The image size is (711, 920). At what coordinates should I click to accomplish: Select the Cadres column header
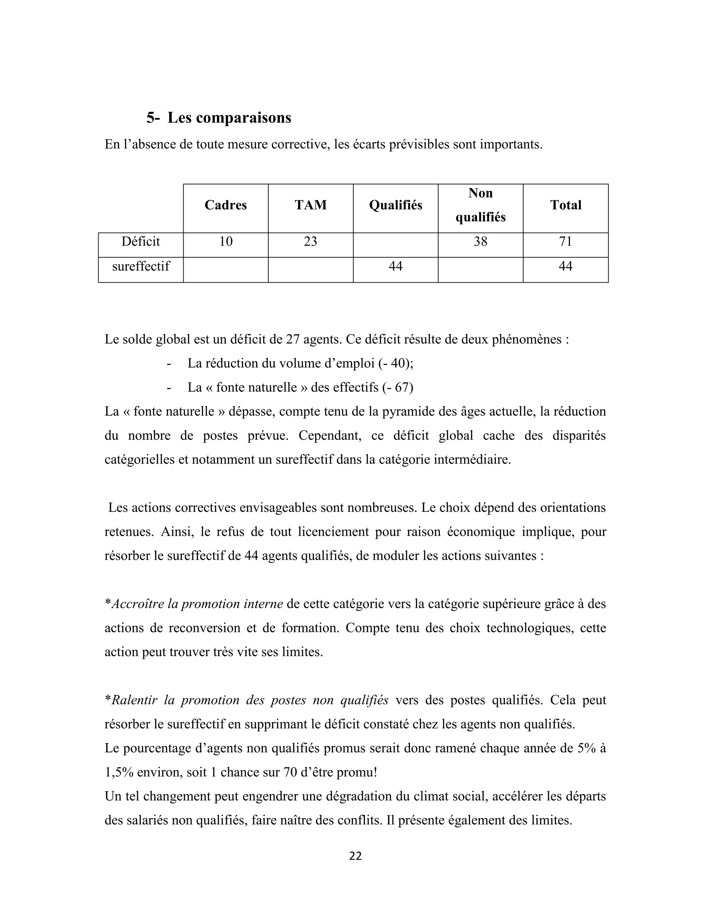pos(226,205)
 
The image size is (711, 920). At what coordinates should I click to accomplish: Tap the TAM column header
pos(310,205)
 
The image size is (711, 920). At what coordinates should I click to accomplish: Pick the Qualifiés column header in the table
pos(395,205)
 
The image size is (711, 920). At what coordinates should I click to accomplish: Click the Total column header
pos(565,205)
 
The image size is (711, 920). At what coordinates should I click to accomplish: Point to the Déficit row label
pos(141,241)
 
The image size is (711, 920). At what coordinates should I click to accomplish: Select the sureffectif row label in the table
pos(141,266)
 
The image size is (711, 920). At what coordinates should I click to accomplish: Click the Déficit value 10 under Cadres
pos(226,241)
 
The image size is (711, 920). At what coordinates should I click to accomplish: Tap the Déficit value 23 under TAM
pos(310,241)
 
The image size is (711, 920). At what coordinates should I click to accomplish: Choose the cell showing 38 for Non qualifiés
pos(480,241)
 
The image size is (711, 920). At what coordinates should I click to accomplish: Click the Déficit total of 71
pos(565,241)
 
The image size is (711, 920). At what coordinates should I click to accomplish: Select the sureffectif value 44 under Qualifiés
pos(395,266)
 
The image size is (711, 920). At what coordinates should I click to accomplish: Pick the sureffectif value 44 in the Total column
pos(565,266)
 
